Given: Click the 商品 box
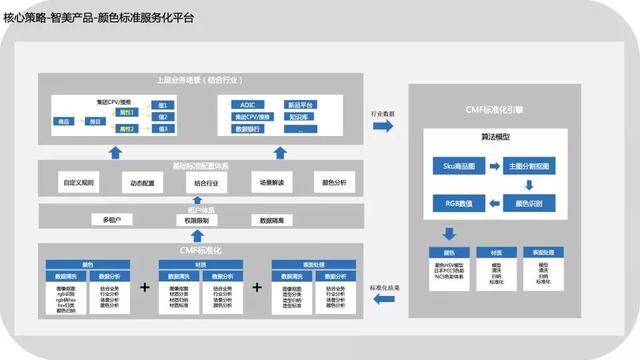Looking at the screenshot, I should [x=64, y=121].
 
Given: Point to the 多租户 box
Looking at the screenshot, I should [x=113, y=219].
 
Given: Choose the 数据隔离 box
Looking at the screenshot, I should [x=273, y=219].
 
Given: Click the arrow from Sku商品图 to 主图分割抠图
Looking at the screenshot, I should [x=492, y=164].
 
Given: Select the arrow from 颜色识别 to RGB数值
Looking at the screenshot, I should [x=492, y=203].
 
